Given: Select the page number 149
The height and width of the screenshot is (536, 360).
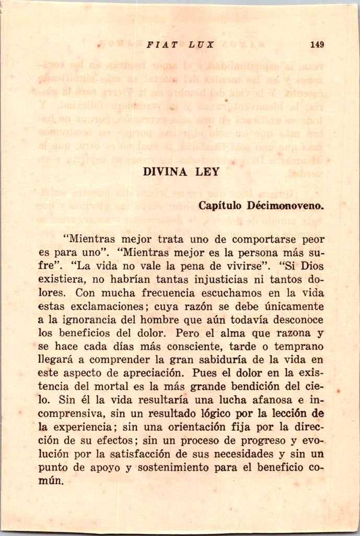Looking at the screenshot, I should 317,45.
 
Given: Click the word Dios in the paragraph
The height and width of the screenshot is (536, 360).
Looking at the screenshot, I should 312,266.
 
